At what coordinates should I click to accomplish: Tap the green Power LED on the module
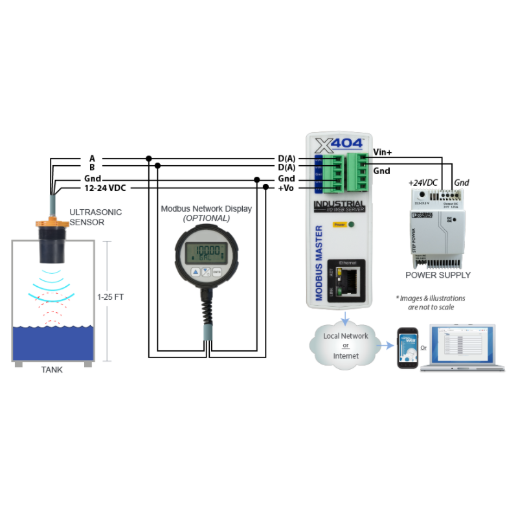tap(352, 225)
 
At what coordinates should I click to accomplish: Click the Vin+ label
tap(382, 153)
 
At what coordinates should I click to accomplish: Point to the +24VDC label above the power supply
tap(422, 183)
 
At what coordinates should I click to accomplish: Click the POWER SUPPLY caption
tap(438, 275)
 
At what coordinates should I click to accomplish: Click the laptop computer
tap(462, 348)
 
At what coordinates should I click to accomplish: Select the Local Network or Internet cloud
tap(346, 345)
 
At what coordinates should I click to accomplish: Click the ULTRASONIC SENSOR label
tap(95, 216)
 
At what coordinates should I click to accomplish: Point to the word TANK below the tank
tap(52, 371)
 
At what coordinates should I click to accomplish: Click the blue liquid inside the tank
tap(52, 343)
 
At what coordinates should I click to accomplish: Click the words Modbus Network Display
tap(206, 208)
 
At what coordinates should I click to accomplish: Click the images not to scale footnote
tap(431, 302)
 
